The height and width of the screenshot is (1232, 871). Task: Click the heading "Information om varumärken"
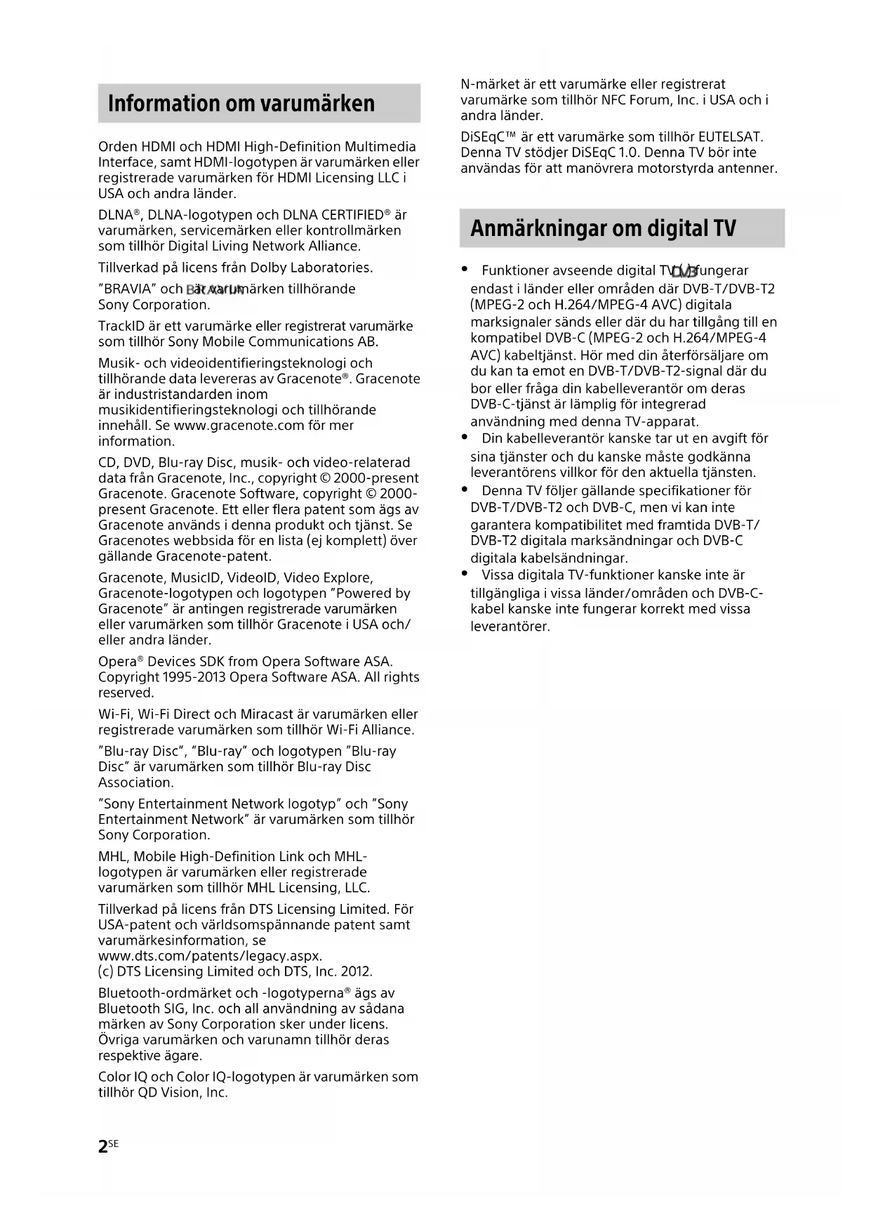tap(241, 104)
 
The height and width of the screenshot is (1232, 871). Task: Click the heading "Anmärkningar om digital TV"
tap(603, 228)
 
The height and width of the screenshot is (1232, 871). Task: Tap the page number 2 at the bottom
tap(103, 1147)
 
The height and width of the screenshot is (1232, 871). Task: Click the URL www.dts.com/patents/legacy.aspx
tap(210, 956)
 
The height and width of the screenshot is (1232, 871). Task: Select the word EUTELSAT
tap(733, 137)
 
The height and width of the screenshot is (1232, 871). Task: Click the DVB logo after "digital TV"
tap(684, 271)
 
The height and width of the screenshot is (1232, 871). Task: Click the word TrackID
tap(121, 326)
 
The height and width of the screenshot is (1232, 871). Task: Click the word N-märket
tap(488, 84)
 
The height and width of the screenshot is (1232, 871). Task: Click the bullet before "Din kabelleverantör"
tap(465, 437)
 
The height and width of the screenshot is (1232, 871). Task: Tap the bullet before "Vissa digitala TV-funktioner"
tap(465, 574)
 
